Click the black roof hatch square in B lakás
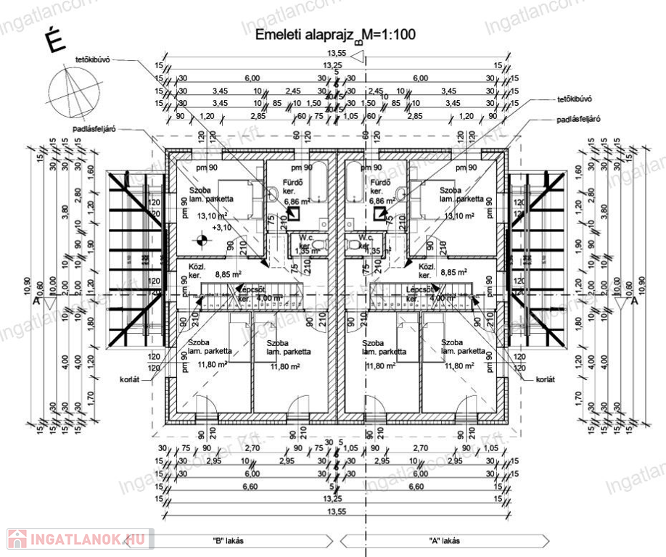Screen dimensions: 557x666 295,214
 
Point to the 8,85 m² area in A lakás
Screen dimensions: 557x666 453,274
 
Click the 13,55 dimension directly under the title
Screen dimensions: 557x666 337,53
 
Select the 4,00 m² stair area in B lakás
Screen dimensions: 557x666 270,297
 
